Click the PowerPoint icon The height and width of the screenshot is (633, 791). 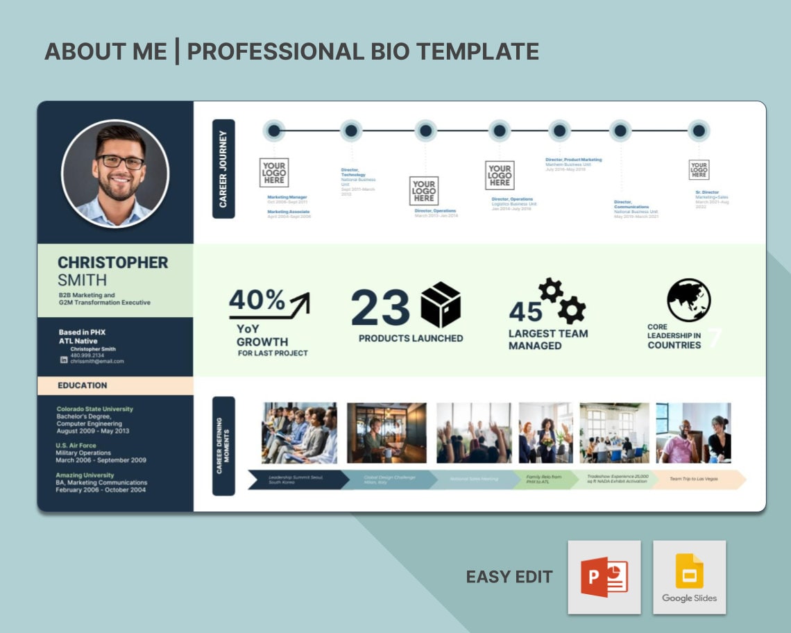604,577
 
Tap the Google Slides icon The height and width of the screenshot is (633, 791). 689,577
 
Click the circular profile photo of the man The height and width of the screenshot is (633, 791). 115,174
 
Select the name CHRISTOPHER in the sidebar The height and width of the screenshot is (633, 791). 112,262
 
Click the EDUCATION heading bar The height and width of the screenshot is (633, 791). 115,385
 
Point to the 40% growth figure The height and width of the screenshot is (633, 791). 257,301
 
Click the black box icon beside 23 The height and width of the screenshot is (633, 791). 441,305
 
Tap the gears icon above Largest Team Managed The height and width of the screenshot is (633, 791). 561,301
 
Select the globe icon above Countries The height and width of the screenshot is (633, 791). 688,300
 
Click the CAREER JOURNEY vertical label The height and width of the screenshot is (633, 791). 223,169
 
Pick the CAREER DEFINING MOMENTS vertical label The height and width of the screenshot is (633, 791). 223,446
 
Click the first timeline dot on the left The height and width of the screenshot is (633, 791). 274,130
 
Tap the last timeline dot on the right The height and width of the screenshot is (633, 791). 699,130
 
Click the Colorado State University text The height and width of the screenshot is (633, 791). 94,409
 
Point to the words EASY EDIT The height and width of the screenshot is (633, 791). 509,577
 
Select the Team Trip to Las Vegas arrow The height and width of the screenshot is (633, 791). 697,479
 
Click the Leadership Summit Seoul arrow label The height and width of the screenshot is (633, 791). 296,479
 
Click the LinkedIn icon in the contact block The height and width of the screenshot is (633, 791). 64,360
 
